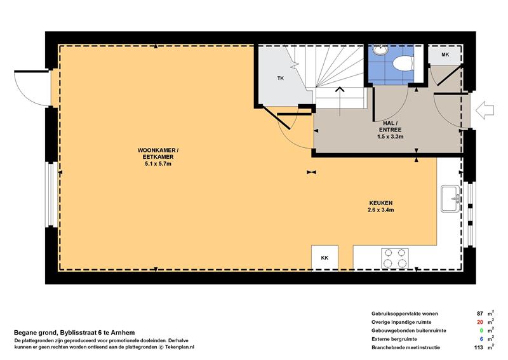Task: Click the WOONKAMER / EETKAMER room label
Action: (157, 154)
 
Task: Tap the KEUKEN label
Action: (380, 203)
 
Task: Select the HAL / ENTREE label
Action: (390, 126)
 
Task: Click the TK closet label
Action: (281, 78)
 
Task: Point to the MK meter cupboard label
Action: (445, 55)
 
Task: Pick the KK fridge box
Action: (324, 257)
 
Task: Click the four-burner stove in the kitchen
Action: (394, 258)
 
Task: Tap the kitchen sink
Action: (450, 199)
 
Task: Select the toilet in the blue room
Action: (403, 62)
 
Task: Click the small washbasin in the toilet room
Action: (380, 50)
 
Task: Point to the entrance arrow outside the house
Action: (485, 110)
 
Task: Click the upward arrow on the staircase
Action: (340, 101)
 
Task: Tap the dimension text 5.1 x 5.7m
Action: (157, 164)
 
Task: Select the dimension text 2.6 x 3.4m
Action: (380, 210)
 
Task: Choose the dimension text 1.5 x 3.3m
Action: (390, 137)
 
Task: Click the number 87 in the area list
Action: (479, 314)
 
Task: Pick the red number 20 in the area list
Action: (479, 322)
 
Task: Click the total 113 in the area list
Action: (479, 347)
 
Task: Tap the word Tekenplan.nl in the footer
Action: (180, 347)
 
